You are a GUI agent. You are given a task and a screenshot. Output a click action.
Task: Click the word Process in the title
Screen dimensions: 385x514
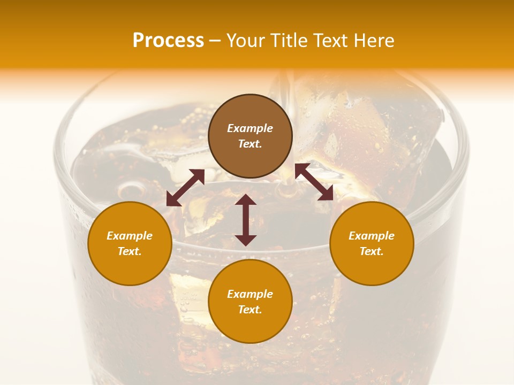(x=168, y=41)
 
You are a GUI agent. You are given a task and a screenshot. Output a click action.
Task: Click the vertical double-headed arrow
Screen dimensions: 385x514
(x=246, y=220)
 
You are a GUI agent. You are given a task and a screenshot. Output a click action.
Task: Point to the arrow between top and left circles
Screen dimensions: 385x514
(x=185, y=188)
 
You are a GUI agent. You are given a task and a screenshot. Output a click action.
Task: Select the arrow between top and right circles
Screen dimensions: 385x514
(x=314, y=182)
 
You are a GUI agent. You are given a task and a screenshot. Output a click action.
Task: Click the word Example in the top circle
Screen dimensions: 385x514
(x=250, y=128)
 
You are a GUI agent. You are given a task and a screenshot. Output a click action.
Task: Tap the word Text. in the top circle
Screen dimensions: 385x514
(x=250, y=144)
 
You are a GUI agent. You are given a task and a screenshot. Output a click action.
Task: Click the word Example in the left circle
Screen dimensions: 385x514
(x=130, y=236)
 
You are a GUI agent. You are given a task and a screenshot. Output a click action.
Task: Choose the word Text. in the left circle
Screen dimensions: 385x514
(x=130, y=251)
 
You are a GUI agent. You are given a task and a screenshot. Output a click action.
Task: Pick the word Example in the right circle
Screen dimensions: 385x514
(x=372, y=236)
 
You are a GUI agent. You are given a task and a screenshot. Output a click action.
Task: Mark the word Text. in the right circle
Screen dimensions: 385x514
(x=372, y=251)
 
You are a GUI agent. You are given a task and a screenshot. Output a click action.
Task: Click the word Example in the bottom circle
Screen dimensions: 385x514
(x=250, y=294)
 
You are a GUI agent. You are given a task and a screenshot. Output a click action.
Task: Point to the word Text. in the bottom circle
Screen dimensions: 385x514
(x=250, y=310)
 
